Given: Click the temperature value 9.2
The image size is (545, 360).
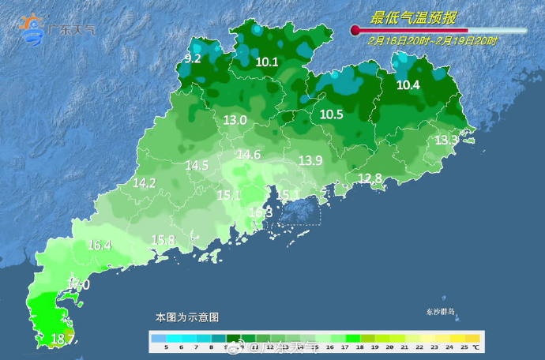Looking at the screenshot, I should [x=193, y=58].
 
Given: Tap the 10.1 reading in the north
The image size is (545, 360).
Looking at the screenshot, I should [x=268, y=62].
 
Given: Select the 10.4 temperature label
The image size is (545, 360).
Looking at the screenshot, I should [x=408, y=85].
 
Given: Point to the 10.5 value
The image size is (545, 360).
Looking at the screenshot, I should [x=331, y=114].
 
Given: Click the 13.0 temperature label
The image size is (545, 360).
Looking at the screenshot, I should [x=235, y=120].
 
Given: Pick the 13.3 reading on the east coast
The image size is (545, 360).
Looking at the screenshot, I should [x=446, y=140].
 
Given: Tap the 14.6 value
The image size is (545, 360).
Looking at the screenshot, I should [x=249, y=155].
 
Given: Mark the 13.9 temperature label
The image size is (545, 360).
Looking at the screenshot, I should [x=310, y=160].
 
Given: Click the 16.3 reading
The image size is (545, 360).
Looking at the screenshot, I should [x=261, y=212].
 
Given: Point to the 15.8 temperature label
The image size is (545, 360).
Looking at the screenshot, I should [x=163, y=240].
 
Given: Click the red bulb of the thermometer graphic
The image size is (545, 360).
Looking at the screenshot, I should [x=355, y=31].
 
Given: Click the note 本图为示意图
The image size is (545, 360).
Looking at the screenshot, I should [x=187, y=317].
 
